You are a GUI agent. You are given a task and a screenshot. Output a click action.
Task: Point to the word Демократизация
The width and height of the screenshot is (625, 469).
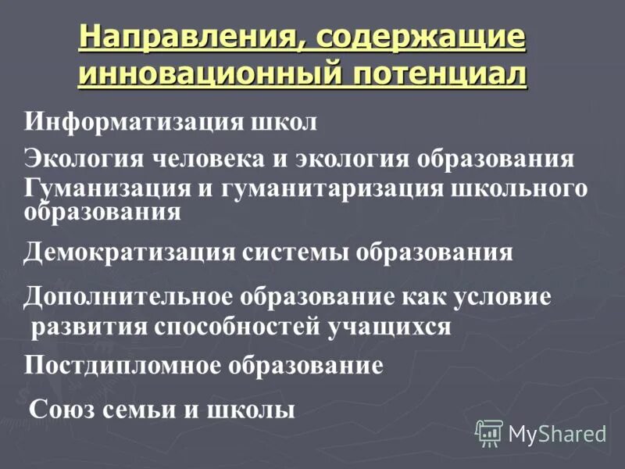pos(130,252)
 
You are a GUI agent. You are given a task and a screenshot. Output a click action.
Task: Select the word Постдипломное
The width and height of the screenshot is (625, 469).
pos(123,364)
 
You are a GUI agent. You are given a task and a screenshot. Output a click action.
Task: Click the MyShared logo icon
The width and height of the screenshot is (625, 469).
pos(489,432)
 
